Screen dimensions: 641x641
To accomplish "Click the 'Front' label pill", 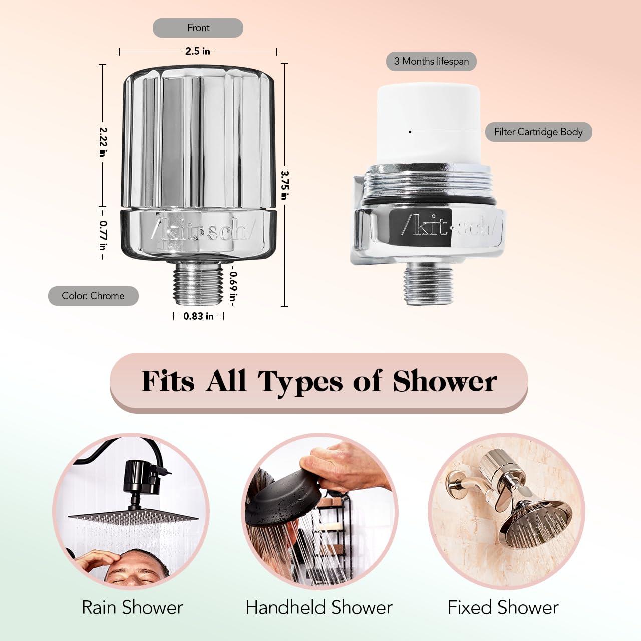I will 198,28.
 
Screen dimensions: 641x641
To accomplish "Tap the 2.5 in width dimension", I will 198,51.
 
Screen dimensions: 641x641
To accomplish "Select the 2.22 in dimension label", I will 103,141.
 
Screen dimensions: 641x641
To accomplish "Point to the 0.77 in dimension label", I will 103,235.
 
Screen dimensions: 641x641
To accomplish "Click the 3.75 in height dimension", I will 284,185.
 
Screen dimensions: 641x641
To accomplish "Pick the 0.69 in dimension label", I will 233,286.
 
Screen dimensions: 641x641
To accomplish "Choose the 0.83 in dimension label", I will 198,316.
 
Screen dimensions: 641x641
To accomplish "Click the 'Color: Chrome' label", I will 93,296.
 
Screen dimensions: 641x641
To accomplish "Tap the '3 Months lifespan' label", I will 431,61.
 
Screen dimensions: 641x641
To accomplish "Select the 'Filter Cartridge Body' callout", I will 538,132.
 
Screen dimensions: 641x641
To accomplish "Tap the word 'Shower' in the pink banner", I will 445,382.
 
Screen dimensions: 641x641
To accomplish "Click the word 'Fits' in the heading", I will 168,382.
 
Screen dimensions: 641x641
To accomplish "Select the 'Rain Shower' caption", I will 132,607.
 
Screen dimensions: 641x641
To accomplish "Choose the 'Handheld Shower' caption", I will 319,607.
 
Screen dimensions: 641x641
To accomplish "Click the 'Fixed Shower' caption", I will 503,607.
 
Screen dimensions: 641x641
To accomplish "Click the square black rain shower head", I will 133,516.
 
